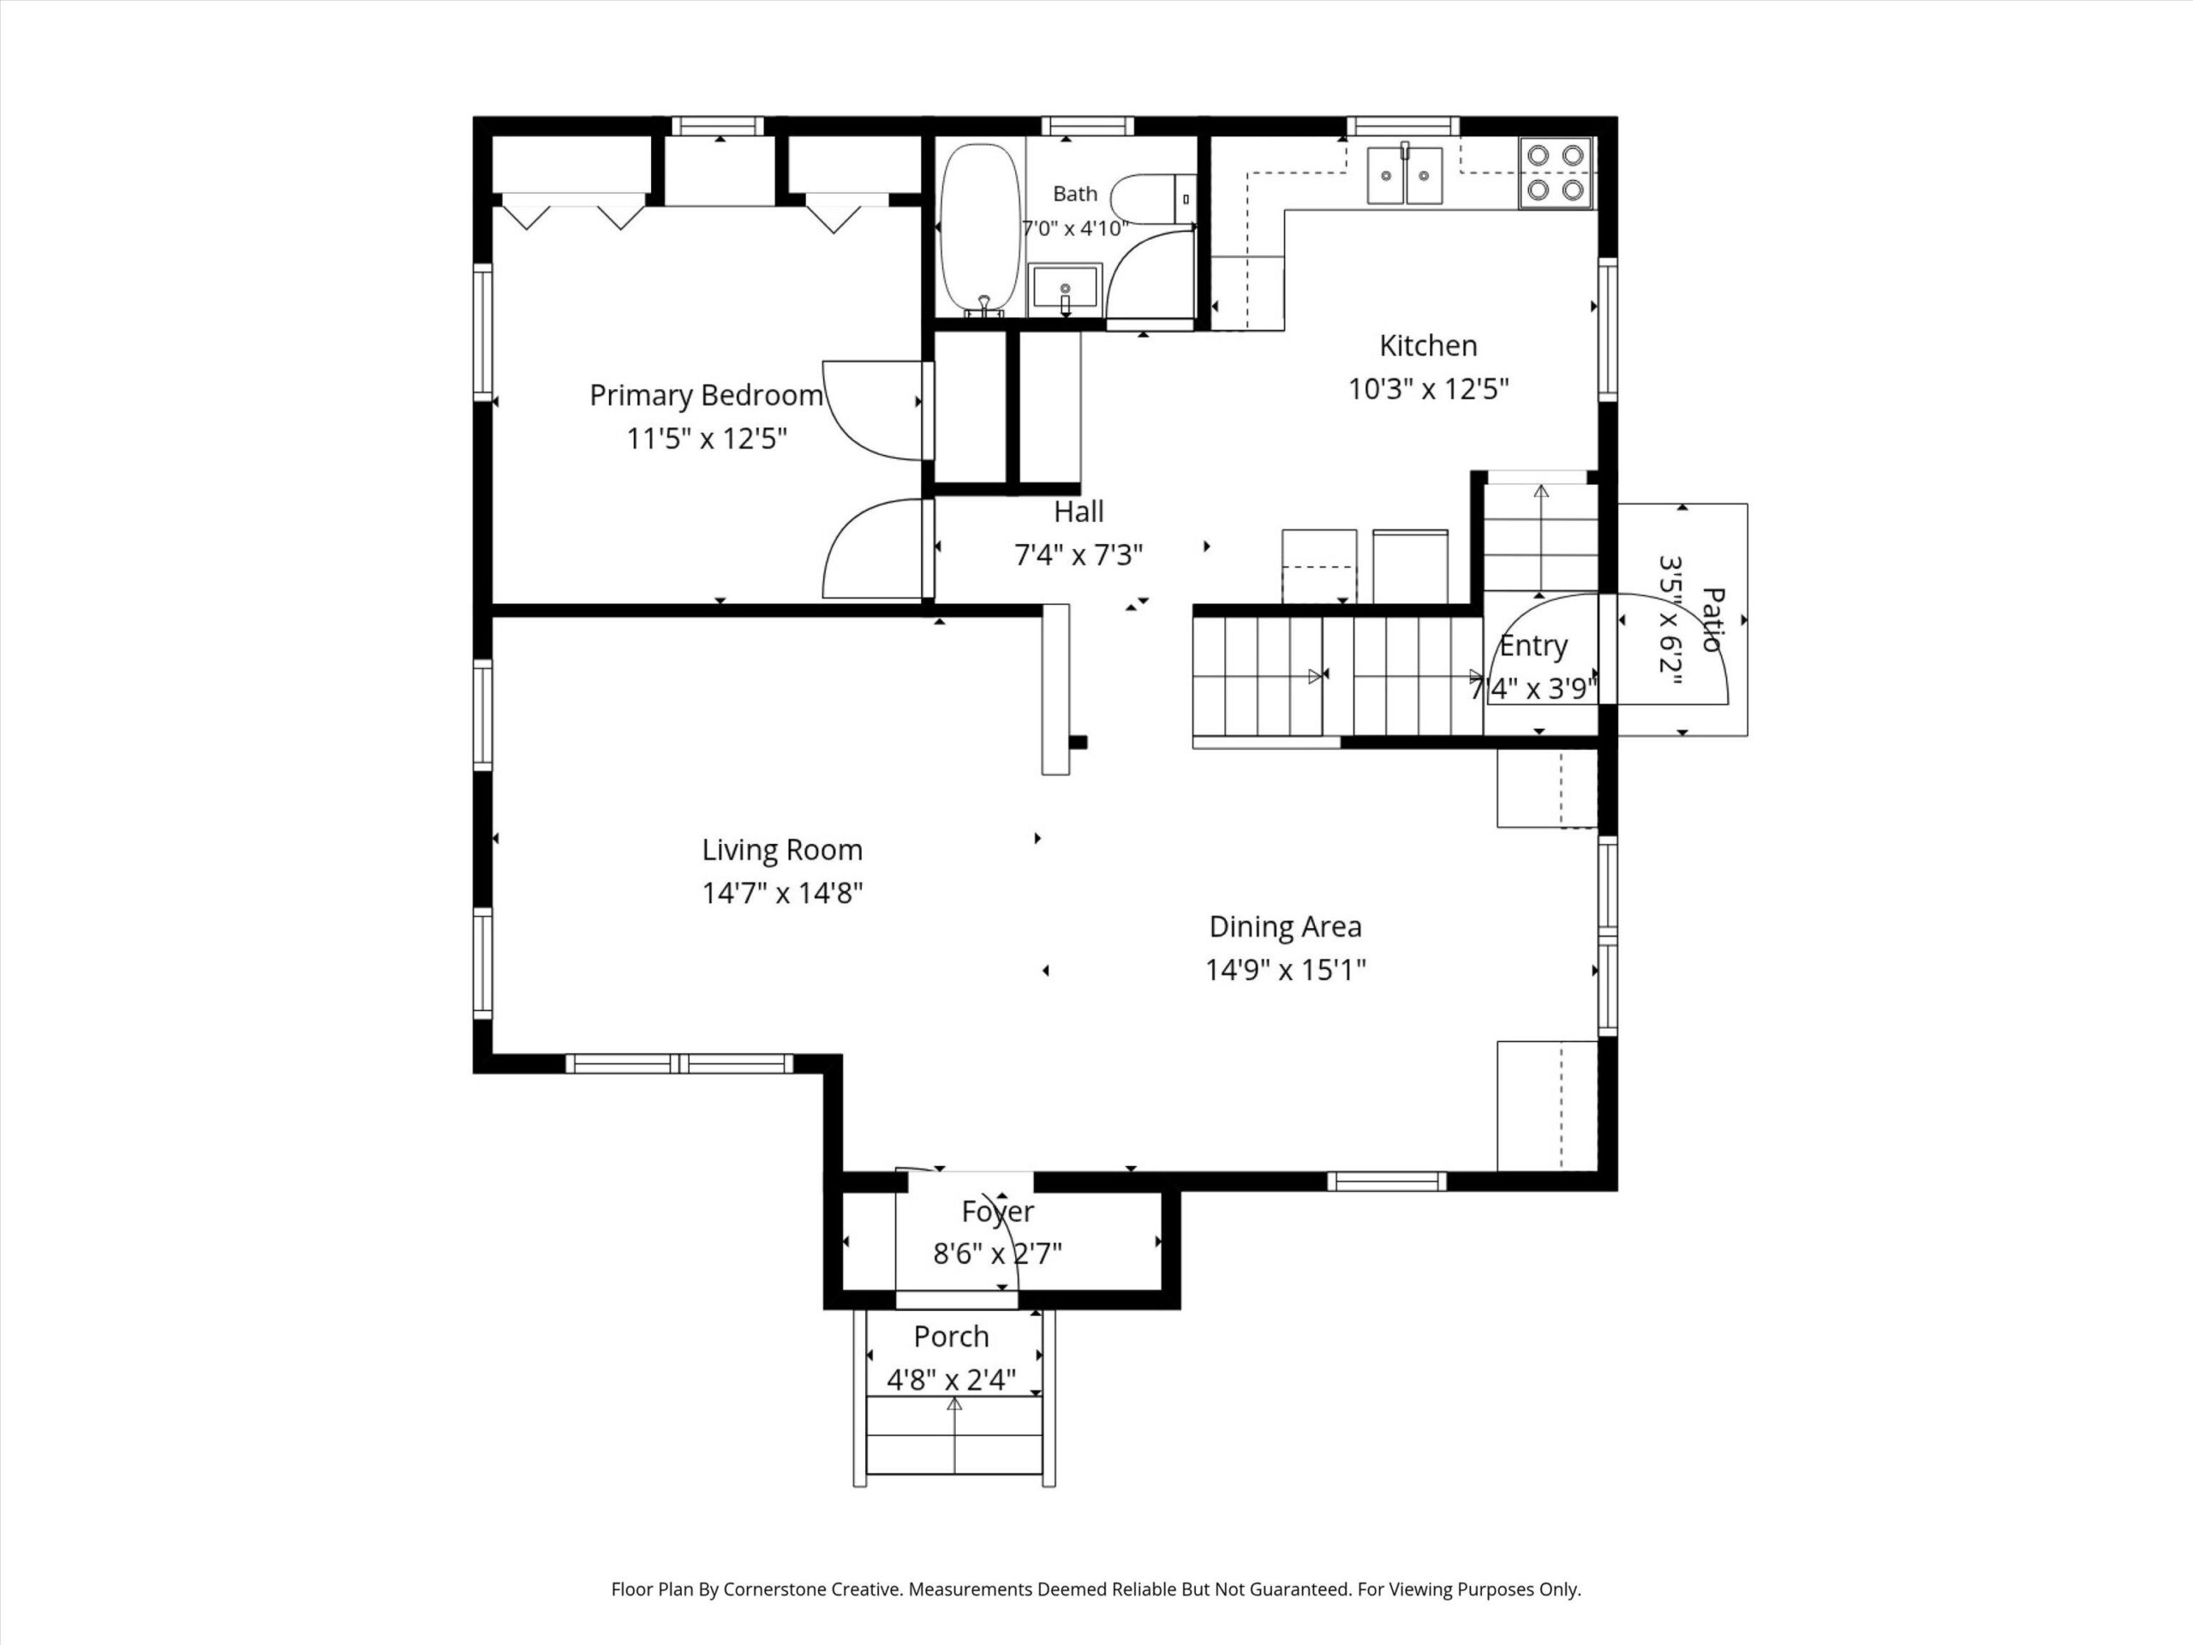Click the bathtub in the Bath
[979, 230]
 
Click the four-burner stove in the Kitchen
[1556, 172]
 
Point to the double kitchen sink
[1405, 175]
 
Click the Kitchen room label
[1428, 346]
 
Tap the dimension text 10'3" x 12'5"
[1428, 389]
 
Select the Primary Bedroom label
[706, 396]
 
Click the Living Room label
[782, 850]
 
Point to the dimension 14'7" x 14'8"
[782, 894]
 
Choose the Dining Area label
[1285, 926]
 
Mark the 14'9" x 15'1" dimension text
[1285, 970]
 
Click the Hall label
[1078, 511]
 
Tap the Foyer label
[997, 1211]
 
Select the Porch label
[951, 1337]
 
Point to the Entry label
[1533, 645]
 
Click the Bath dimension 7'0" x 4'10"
[1076, 229]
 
